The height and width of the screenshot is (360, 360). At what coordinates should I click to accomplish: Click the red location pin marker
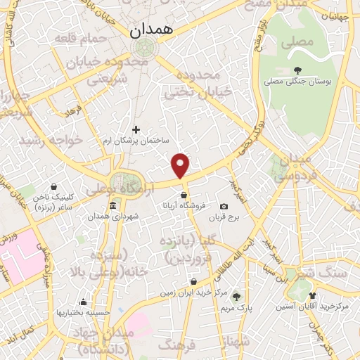coord(181,165)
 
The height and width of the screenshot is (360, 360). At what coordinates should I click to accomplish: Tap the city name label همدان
coord(155,30)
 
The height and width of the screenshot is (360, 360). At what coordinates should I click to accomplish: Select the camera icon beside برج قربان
coord(224,206)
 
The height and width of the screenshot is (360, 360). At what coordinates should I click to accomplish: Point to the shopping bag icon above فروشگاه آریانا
coord(184,195)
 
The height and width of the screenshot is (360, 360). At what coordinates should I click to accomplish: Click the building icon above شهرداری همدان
coord(113,205)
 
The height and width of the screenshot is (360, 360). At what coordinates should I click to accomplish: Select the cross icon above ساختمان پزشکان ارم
coord(136,129)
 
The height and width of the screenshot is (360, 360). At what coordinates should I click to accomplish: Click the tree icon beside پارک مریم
coord(236,297)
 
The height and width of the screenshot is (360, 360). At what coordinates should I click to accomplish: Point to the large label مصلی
coord(297,42)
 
